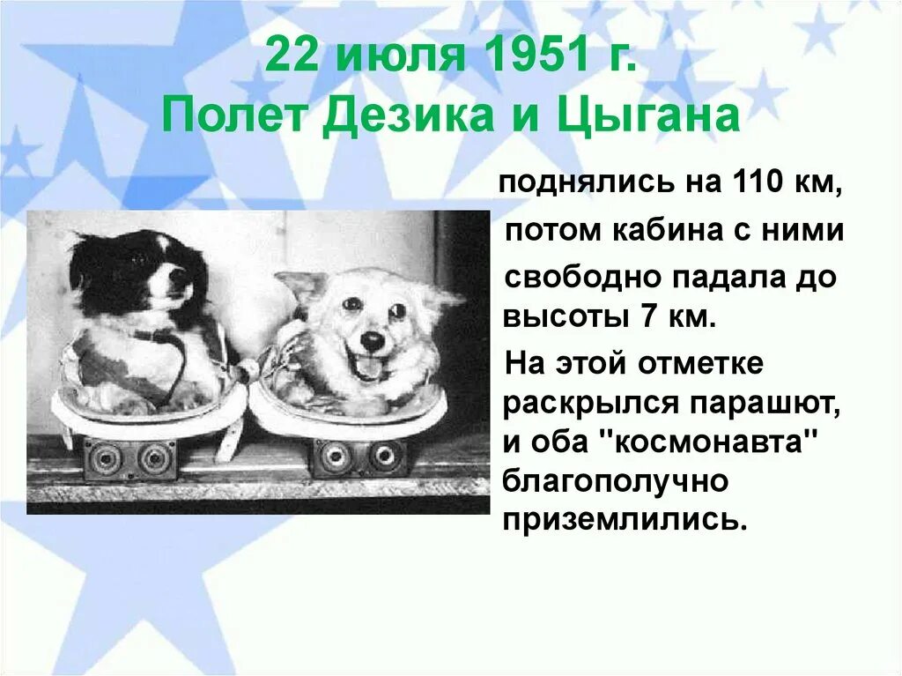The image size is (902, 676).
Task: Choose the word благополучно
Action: pos(615,481)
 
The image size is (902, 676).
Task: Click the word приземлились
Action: pos(625,520)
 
